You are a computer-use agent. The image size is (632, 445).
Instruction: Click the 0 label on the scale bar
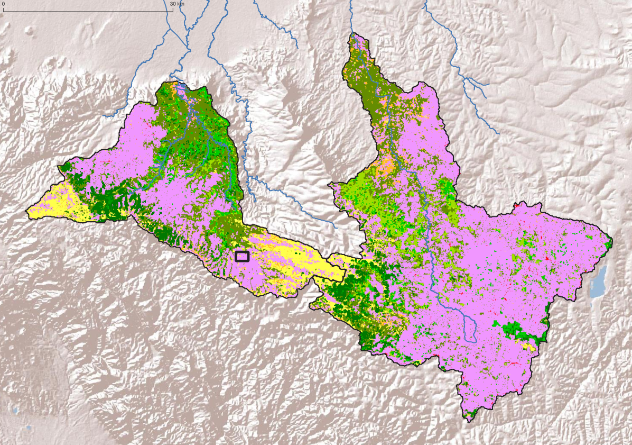(3, 4)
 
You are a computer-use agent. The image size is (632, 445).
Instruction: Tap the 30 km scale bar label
(177, 4)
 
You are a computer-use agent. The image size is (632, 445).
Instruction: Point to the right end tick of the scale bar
(173, 10)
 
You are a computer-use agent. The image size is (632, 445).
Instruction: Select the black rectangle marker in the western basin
(242, 256)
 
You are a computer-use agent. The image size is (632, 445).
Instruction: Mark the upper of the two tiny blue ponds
(16, 410)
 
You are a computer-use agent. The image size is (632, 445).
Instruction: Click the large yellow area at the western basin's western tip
(50, 204)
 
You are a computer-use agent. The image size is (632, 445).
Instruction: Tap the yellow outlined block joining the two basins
(333, 267)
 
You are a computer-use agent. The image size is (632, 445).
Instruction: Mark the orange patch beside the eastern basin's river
(388, 164)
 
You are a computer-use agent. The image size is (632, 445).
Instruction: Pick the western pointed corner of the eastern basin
(330, 185)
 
